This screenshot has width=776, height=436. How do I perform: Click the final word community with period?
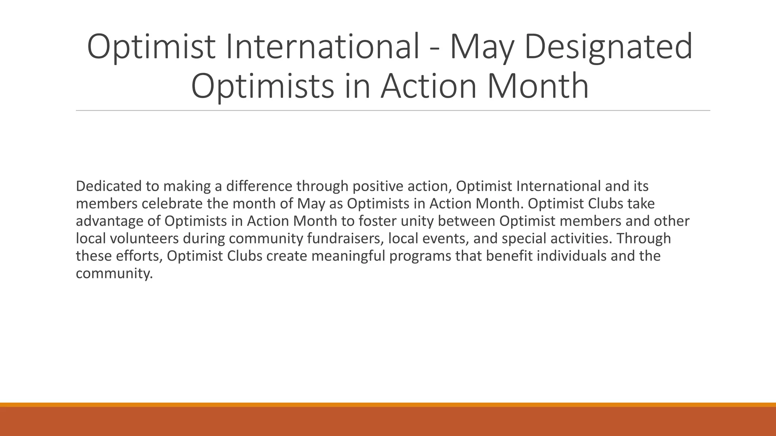click(x=114, y=274)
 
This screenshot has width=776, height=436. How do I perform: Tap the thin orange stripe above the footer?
click(x=388, y=405)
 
